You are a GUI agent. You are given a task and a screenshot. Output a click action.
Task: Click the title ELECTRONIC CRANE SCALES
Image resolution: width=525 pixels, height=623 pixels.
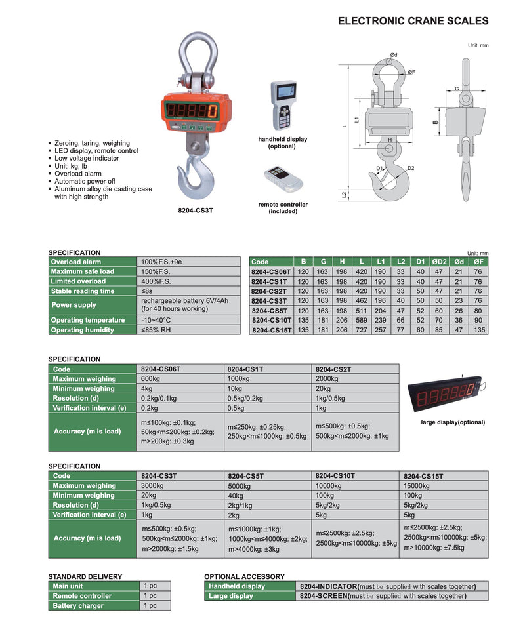pyautogui.click(x=413, y=21)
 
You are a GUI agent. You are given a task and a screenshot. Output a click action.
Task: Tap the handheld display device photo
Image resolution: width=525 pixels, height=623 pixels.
pyautogui.click(x=284, y=105)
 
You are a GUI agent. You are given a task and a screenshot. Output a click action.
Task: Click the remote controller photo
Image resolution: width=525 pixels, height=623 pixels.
pyautogui.click(x=283, y=180)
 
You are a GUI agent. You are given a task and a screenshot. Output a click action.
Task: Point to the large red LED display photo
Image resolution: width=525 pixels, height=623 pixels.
pyautogui.click(x=446, y=394)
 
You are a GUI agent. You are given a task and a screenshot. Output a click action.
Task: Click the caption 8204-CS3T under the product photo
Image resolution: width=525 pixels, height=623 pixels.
pyautogui.click(x=196, y=211)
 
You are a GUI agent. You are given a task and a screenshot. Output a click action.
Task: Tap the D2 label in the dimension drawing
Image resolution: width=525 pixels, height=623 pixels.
pyautogui.click(x=411, y=168)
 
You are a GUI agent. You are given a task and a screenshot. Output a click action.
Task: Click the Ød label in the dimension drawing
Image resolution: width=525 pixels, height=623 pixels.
pyautogui.click(x=394, y=55)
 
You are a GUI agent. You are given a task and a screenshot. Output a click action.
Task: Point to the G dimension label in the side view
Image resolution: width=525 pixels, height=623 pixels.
pyautogui.click(x=457, y=89)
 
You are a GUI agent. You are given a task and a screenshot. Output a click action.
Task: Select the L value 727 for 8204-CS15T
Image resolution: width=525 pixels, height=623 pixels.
pyautogui.click(x=361, y=330)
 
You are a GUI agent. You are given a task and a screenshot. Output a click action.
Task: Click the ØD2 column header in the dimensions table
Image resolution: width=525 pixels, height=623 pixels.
pyautogui.click(x=439, y=262)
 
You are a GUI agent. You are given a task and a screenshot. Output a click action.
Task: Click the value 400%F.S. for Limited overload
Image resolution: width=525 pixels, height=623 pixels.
pyautogui.click(x=156, y=281)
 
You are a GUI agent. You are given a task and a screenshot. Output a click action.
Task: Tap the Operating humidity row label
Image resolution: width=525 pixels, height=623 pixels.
pyautogui.click(x=82, y=330)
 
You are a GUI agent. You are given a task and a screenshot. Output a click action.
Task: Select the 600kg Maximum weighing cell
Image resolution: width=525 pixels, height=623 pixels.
pyautogui.click(x=150, y=379)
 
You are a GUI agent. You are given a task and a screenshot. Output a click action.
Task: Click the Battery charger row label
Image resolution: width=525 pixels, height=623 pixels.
pyautogui.click(x=78, y=605)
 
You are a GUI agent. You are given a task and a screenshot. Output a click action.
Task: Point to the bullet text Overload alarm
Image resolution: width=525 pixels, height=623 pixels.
pyautogui.click(x=78, y=174)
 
